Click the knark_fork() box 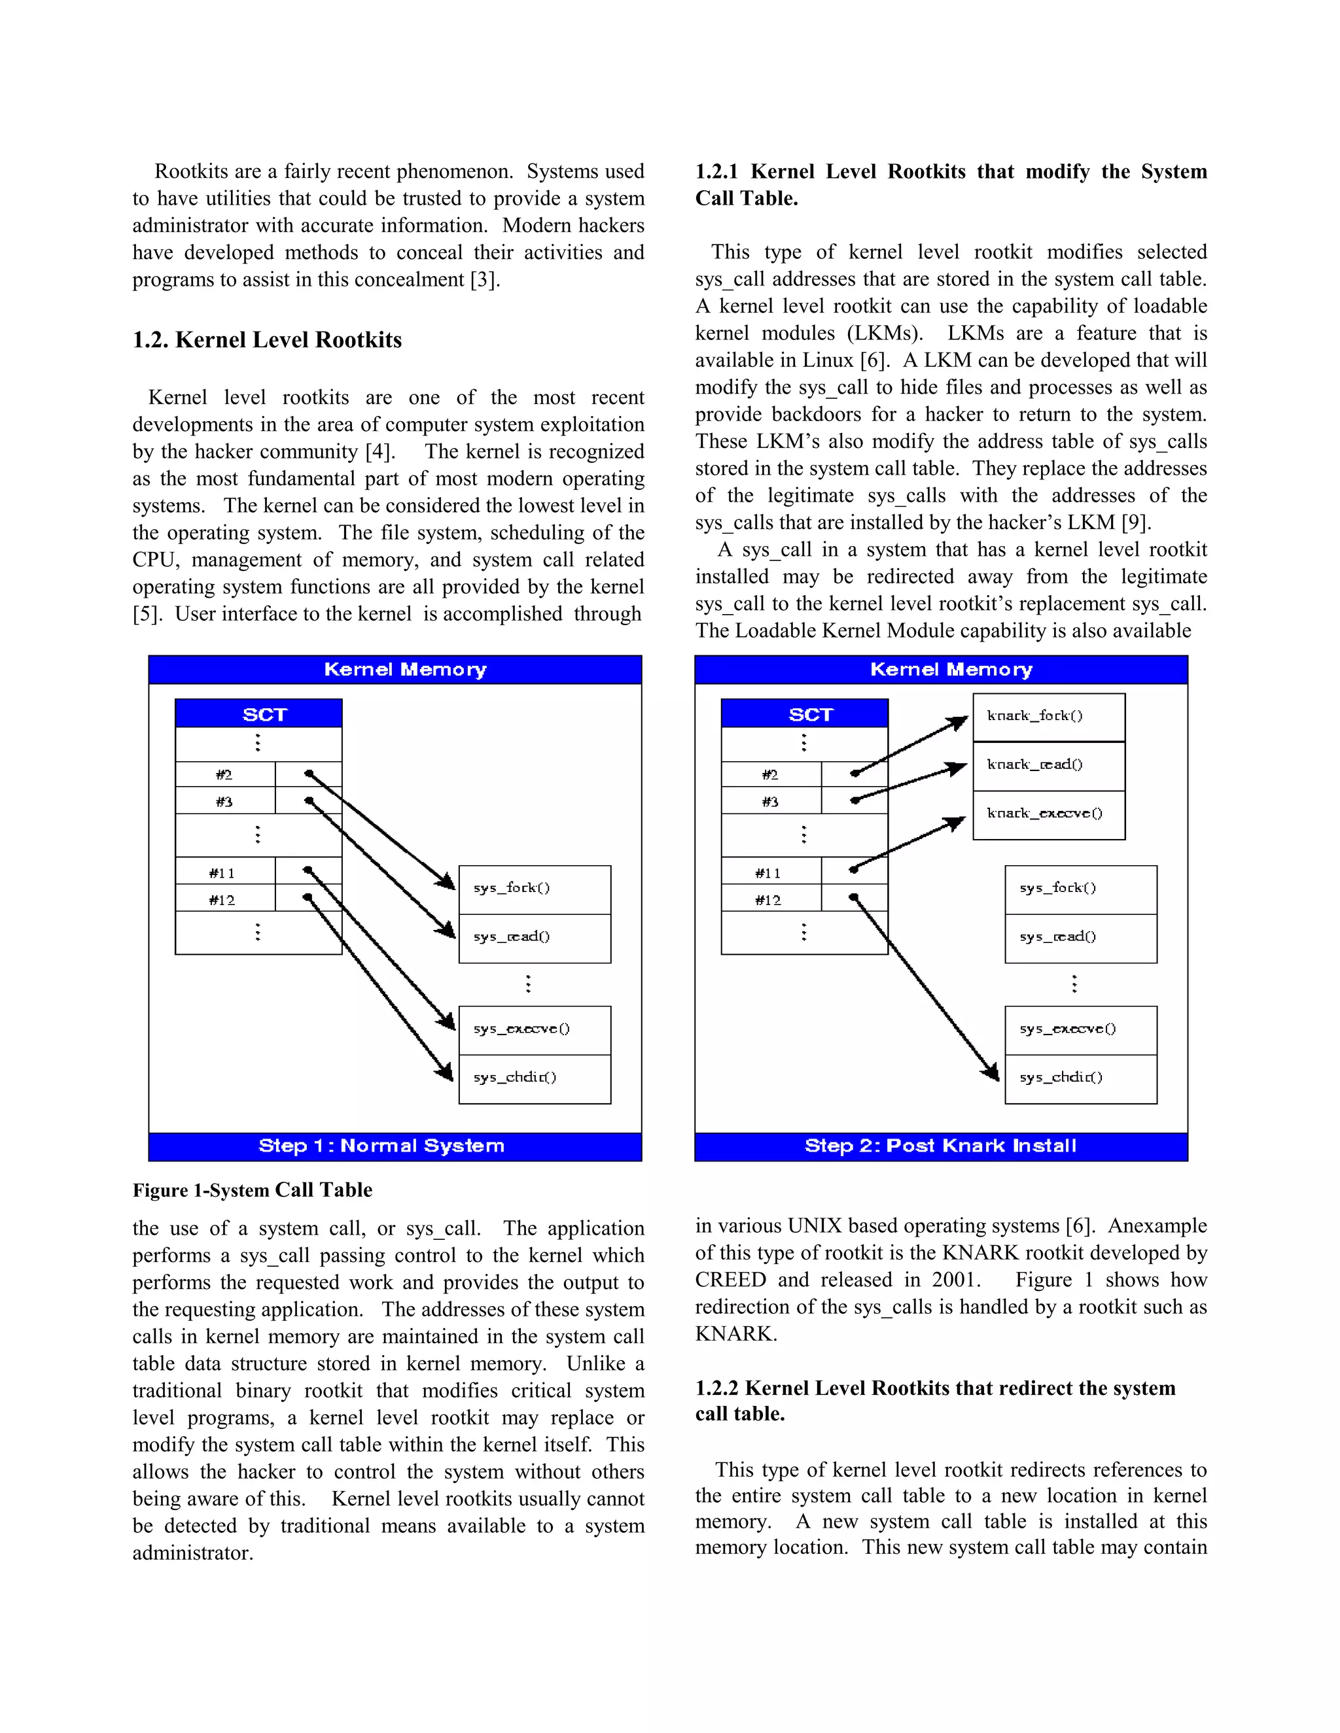pos(1048,717)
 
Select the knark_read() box pos(1048,766)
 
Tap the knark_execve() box pos(1048,814)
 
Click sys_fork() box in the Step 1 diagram pos(535,889)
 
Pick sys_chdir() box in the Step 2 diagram pos(1080,1078)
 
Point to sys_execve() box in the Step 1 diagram pos(535,1030)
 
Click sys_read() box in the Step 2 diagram pos(1080,938)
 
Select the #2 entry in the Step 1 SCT pos(224,774)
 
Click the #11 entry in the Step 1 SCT pos(223,873)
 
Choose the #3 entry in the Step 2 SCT pos(770,802)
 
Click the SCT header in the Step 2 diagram pos(804,714)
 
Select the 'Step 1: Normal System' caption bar pos(395,1146)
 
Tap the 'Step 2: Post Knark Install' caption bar pos(941,1146)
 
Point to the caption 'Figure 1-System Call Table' pos(253,1190)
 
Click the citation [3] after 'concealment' pos(484,280)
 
